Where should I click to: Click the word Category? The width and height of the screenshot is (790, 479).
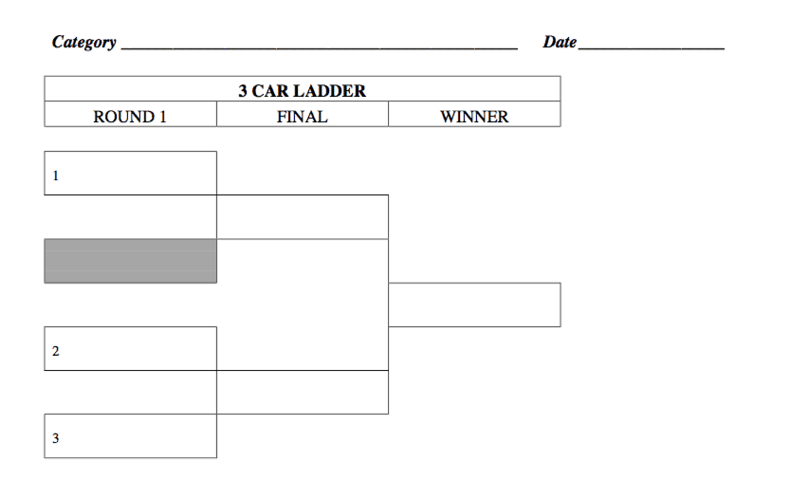(84, 42)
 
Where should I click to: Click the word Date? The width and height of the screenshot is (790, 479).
(560, 42)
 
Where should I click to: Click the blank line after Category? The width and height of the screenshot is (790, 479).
(320, 46)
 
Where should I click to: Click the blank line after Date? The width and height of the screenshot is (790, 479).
(652, 46)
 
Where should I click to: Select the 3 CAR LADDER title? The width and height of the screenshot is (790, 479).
(302, 91)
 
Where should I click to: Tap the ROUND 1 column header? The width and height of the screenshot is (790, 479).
(130, 117)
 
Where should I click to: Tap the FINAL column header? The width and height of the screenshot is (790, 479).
(302, 117)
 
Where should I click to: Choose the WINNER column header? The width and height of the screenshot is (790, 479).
(474, 117)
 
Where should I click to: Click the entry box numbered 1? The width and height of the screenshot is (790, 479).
(130, 174)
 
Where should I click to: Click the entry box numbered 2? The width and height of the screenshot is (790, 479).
(130, 349)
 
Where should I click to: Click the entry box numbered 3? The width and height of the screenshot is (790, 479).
(130, 436)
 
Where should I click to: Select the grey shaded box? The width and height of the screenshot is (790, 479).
(130, 261)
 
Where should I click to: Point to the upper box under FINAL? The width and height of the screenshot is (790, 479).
(302, 217)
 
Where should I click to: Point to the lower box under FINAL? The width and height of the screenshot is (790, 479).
(302, 392)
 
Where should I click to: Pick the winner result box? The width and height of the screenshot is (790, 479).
(474, 304)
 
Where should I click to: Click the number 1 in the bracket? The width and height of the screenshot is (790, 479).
(55, 175)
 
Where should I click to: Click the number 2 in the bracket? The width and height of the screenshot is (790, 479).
(55, 351)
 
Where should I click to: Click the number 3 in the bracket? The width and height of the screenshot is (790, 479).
(55, 438)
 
